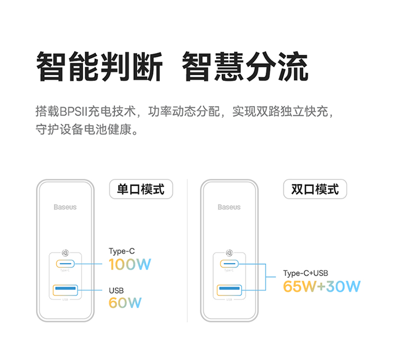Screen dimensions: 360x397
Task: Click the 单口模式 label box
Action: (141, 189)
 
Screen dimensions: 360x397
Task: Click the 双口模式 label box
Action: (315, 189)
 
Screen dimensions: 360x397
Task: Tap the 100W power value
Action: (130, 264)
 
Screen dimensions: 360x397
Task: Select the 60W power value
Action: (125, 303)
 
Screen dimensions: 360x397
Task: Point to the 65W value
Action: (300, 286)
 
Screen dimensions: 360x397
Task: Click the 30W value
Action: (343, 286)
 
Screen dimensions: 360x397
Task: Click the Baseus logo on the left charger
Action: (65, 207)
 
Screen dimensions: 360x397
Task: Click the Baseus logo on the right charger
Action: (229, 207)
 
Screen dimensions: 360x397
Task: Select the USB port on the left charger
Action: (65, 290)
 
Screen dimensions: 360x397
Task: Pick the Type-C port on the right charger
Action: (229, 263)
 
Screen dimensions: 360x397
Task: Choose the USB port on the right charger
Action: (229, 290)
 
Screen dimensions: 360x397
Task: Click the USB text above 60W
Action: (116, 290)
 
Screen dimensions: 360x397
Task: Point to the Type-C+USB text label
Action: (305, 273)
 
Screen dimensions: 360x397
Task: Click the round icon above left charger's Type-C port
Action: (65, 253)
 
